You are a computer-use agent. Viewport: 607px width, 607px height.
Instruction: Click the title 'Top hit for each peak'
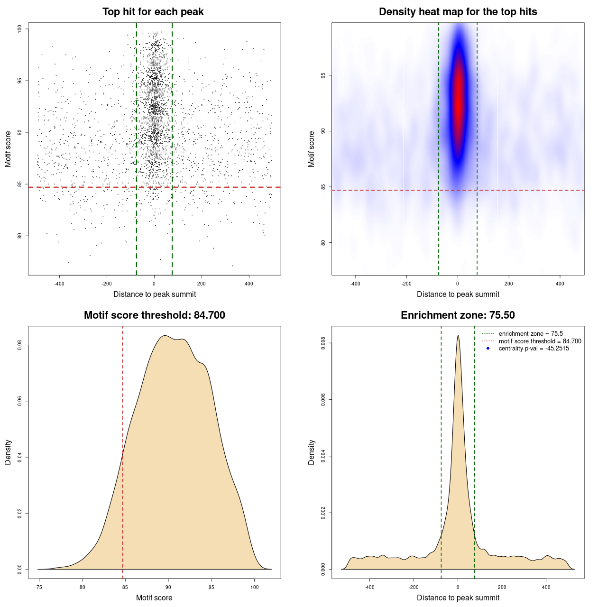(x=153, y=12)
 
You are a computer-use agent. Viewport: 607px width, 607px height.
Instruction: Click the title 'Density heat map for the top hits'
(x=458, y=12)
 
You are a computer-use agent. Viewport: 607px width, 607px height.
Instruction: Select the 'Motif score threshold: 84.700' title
(x=154, y=315)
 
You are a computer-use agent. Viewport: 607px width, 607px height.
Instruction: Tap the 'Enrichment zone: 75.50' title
(x=458, y=315)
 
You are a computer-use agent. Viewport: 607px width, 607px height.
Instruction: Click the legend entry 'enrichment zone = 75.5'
(x=531, y=334)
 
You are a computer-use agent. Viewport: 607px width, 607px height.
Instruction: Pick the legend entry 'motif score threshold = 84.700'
(x=540, y=341)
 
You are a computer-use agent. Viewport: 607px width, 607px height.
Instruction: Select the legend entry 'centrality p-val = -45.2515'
(x=533, y=349)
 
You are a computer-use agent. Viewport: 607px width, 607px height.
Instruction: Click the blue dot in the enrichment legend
(x=488, y=349)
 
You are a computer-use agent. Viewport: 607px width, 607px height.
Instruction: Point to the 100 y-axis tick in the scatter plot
(x=20, y=29)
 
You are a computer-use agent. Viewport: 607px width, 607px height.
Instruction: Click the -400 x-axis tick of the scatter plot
(x=59, y=284)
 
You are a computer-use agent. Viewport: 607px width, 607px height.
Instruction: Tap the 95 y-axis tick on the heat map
(x=323, y=75)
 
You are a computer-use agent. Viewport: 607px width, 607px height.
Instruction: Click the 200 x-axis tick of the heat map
(x=509, y=284)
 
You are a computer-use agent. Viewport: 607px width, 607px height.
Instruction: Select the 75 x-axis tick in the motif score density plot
(x=39, y=587)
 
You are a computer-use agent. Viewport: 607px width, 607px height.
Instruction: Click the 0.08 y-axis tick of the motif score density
(x=20, y=345)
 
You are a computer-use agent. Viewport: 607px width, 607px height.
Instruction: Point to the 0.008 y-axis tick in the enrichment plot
(x=323, y=343)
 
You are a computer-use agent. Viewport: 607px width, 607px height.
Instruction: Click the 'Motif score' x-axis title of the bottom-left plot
(x=154, y=598)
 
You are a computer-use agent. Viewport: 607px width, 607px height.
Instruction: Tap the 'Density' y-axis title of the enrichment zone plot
(x=312, y=452)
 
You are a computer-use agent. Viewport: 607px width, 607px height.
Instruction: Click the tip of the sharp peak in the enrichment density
(x=458, y=336)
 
